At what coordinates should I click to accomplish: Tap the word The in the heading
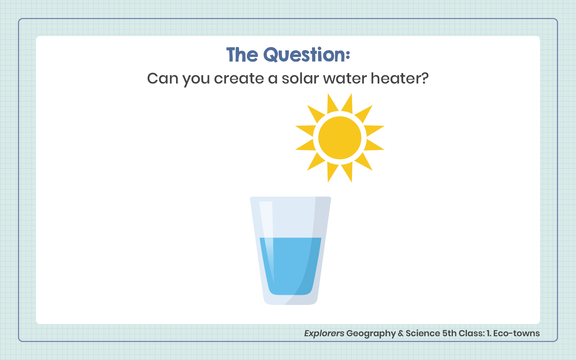(x=242, y=54)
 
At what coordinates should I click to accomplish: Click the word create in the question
(x=239, y=78)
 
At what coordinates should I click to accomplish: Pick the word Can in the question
(x=162, y=78)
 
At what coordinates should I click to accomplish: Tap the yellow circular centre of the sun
(x=340, y=138)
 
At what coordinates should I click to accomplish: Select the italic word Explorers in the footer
(x=324, y=333)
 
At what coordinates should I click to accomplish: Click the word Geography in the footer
(x=371, y=333)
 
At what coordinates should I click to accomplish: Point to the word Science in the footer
(x=423, y=333)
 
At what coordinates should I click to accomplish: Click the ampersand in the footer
(x=401, y=333)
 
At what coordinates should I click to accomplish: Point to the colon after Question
(x=348, y=54)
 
